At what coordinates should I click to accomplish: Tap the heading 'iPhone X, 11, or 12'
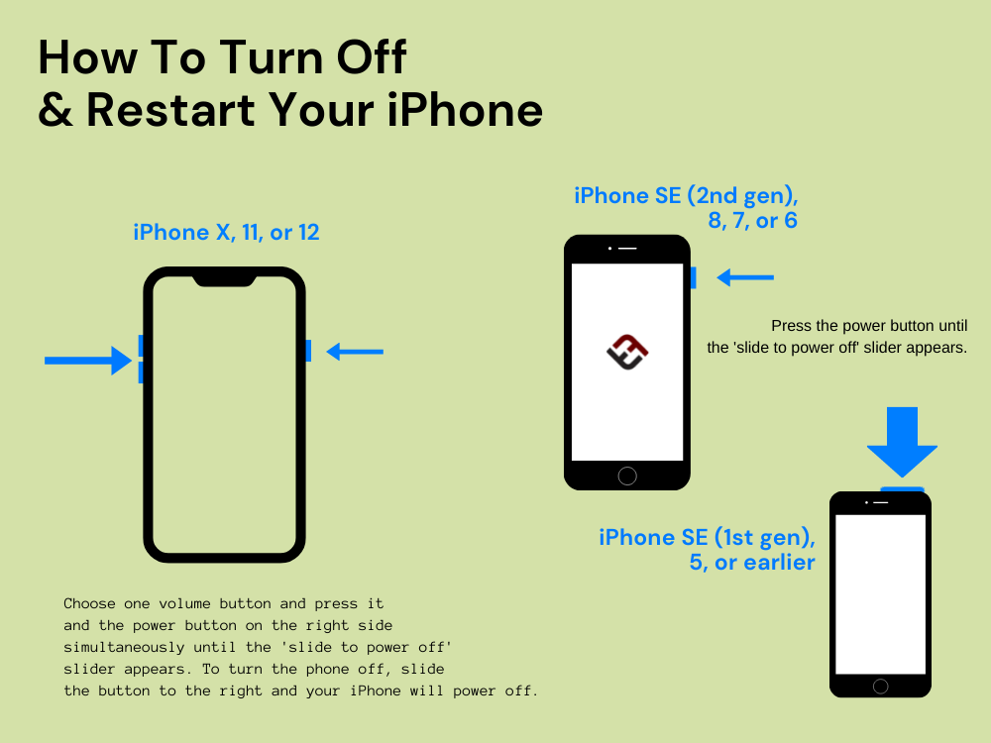(x=227, y=233)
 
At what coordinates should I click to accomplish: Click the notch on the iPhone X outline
(x=224, y=280)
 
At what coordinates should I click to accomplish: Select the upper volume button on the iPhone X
(x=142, y=345)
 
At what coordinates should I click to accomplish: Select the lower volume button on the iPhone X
(x=142, y=371)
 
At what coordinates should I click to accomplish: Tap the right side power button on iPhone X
(x=308, y=351)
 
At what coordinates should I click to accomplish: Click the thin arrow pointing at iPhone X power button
(x=355, y=351)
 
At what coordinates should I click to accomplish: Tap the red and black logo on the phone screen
(x=626, y=351)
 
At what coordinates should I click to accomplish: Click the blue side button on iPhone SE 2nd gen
(x=693, y=277)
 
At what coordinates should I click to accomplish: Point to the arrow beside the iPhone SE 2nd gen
(x=744, y=278)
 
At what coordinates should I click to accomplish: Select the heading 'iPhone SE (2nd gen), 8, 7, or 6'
(x=686, y=208)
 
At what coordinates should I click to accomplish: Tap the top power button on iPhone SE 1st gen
(x=902, y=488)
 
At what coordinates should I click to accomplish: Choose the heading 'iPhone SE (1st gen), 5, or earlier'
(x=707, y=550)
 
